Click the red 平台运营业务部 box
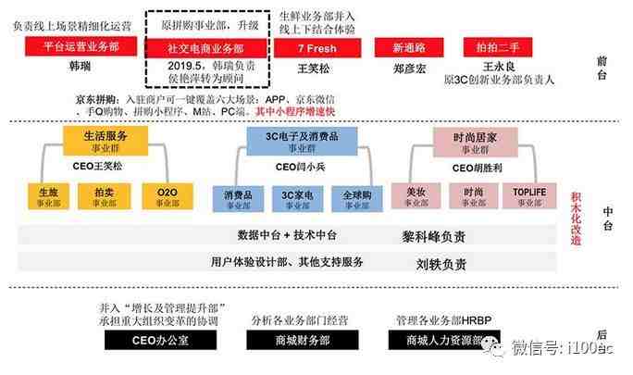coord(76,46)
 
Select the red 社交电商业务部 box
coord(206,47)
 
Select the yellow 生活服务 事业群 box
coord(103,141)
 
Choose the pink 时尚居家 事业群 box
coord(475,141)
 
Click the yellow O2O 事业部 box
coord(168,196)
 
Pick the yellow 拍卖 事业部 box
coord(105,196)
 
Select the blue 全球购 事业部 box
coord(357,196)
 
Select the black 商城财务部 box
coord(290,341)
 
